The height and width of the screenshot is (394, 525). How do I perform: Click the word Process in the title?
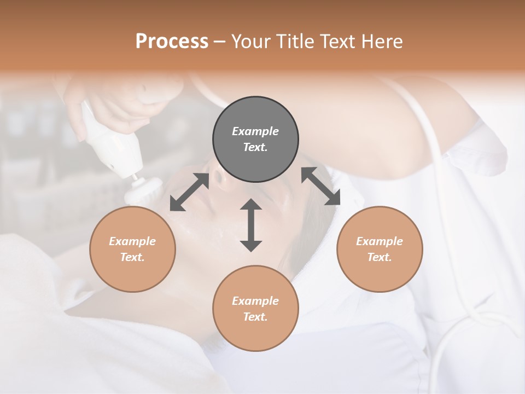(172, 42)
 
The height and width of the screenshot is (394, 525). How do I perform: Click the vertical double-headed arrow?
(251, 225)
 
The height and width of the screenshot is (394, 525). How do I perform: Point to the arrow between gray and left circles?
(189, 192)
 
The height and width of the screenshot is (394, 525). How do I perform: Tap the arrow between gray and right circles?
(320, 186)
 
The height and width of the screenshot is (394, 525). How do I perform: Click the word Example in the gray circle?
(255, 131)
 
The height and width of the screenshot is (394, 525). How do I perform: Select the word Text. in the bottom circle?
(255, 317)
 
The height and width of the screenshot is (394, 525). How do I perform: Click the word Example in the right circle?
(380, 241)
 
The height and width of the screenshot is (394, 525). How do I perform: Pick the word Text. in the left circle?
(132, 257)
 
